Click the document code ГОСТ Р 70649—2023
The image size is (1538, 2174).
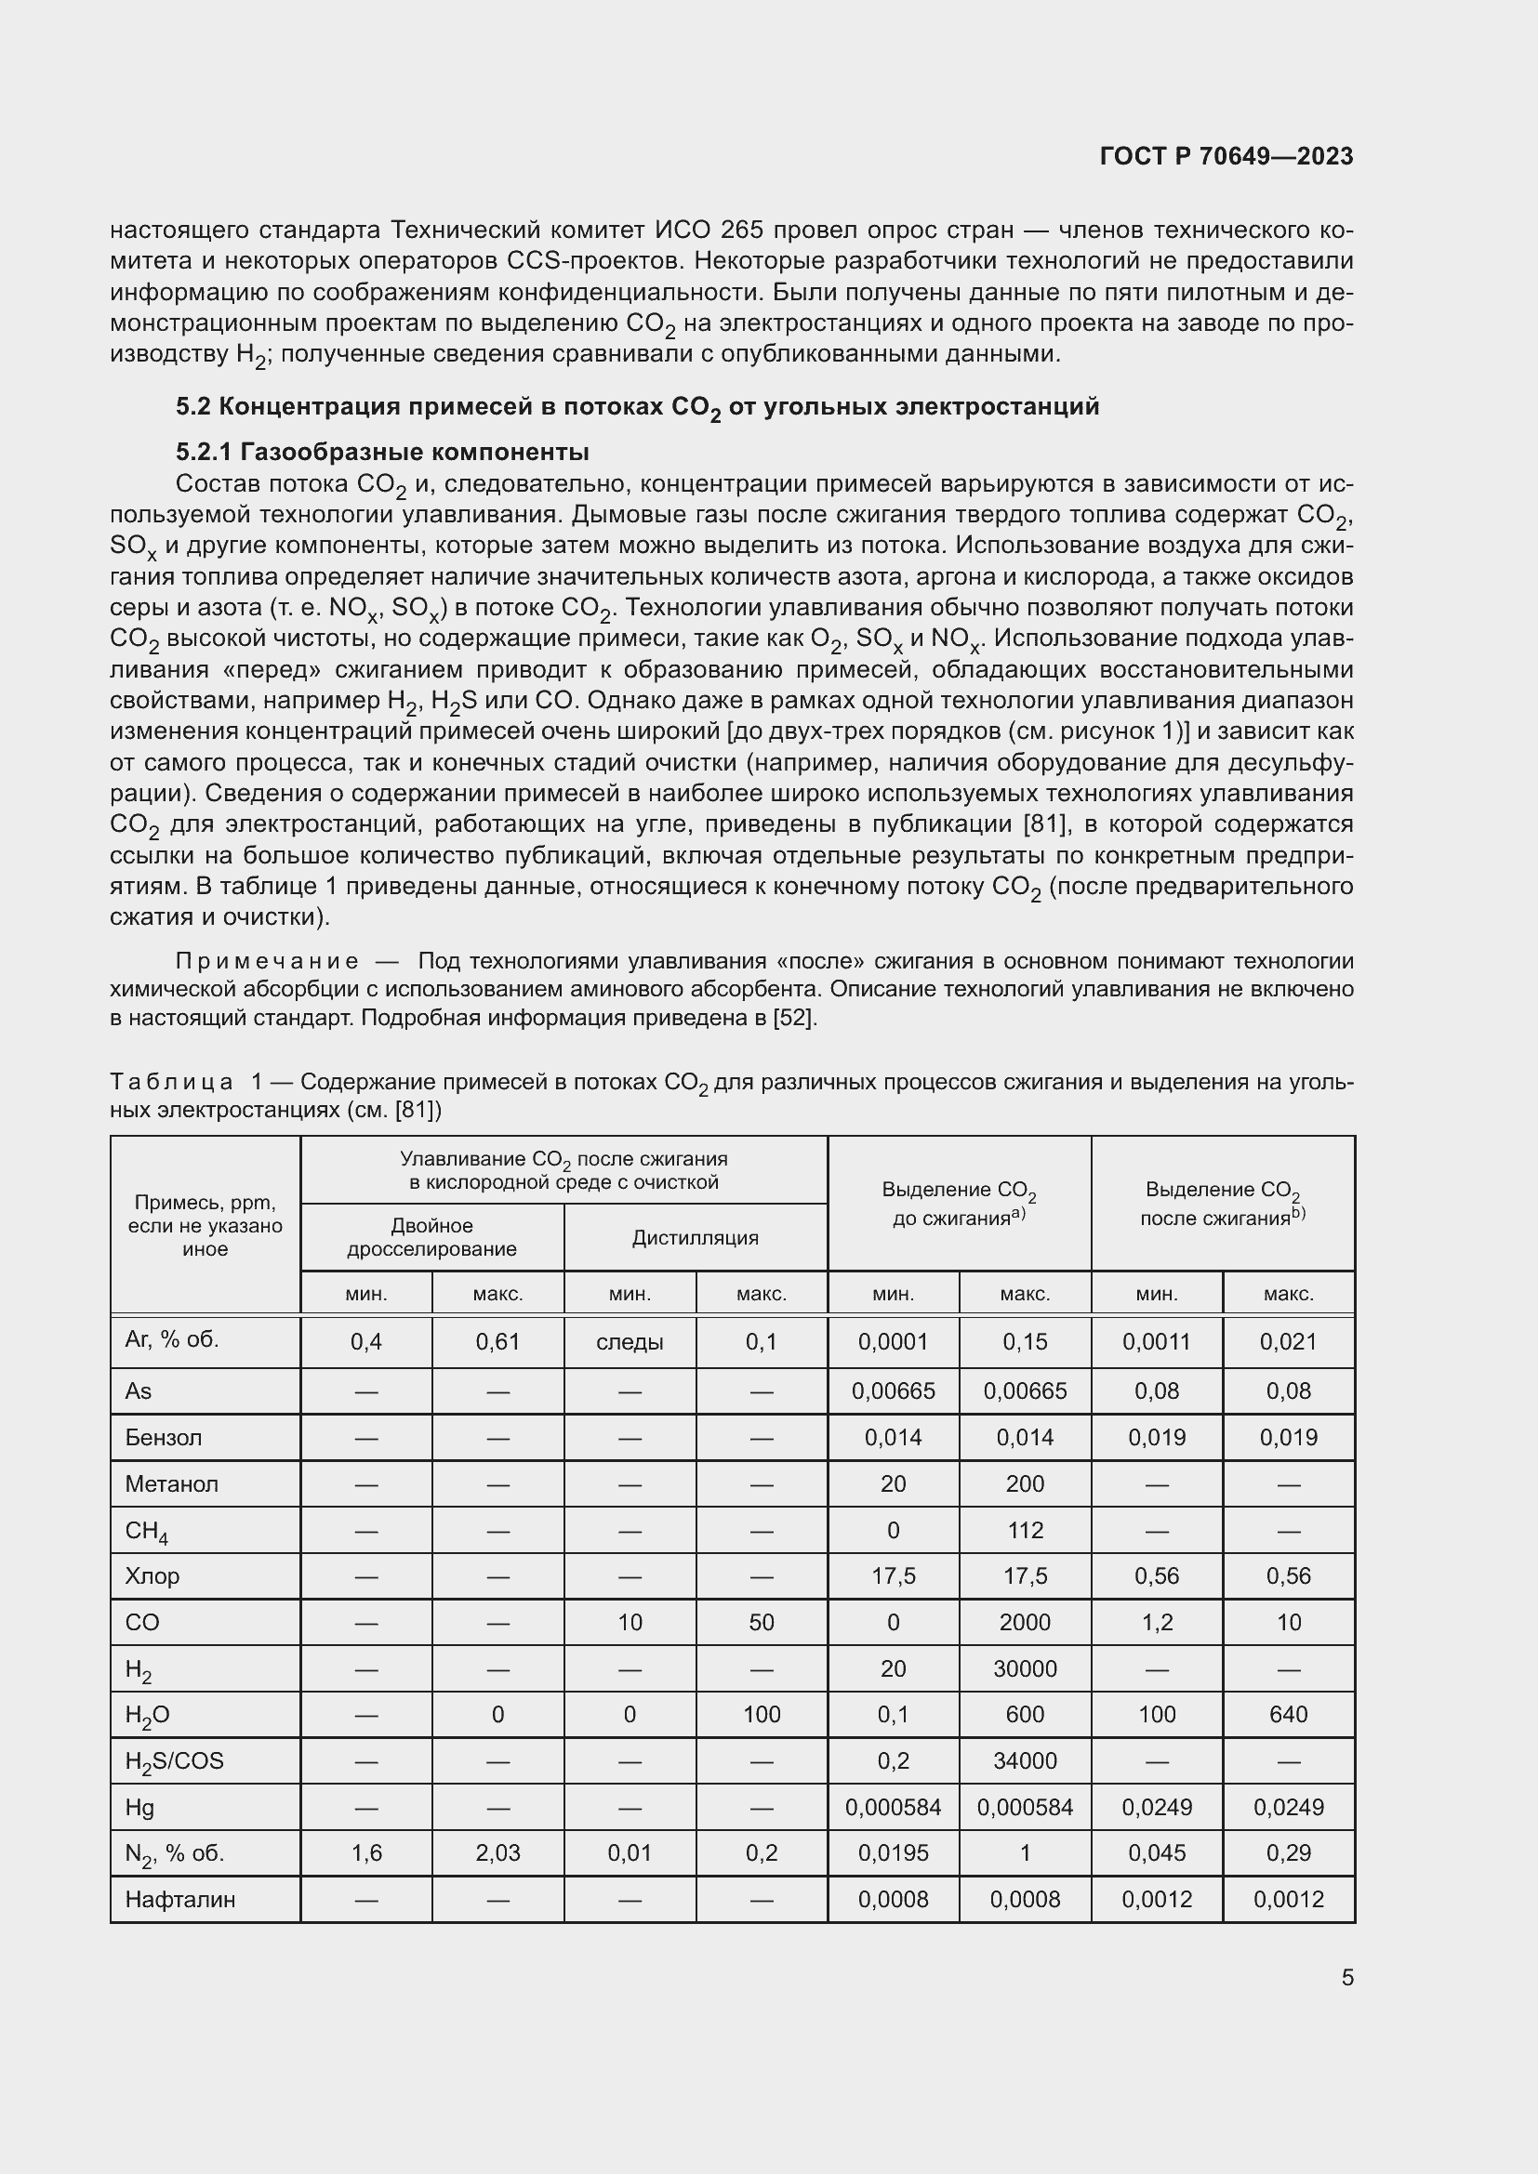pyautogui.click(x=1226, y=156)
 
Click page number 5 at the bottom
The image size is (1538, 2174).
pyautogui.click(x=1346, y=1977)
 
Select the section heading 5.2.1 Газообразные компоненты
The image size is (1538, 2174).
pyautogui.click(x=381, y=451)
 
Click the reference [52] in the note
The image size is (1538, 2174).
pyautogui.click(x=793, y=1018)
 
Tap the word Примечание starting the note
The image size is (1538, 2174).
pyautogui.click(x=267, y=961)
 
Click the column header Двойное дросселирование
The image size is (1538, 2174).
pyautogui.click(x=431, y=1236)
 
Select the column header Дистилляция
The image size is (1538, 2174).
pyautogui.click(x=696, y=1236)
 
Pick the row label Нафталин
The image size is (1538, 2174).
pyautogui.click(x=180, y=1900)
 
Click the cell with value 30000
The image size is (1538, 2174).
pyautogui.click(x=1025, y=1668)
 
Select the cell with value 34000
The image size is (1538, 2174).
pyautogui.click(x=1025, y=1760)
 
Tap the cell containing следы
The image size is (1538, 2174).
pyautogui.click(x=630, y=1342)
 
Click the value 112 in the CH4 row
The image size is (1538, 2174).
pyautogui.click(x=1025, y=1530)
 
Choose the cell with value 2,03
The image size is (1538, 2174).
pyautogui.click(x=498, y=1853)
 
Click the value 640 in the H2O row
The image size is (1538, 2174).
pyautogui.click(x=1288, y=1715)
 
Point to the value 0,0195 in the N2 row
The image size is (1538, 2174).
pyautogui.click(x=893, y=1853)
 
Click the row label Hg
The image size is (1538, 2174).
pyautogui.click(x=139, y=1807)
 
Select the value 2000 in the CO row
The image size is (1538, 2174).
pyautogui.click(x=1025, y=1622)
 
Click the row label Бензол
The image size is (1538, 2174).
pyautogui.click(x=163, y=1437)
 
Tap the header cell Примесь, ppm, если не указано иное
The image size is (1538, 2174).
pyautogui.click(x=205, y=1225)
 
